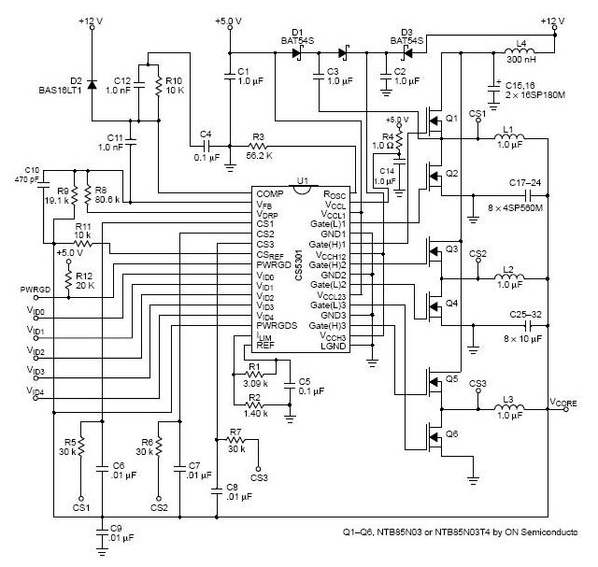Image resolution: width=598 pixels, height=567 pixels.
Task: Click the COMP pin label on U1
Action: [271, 194]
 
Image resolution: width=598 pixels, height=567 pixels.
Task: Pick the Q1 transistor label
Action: [452, 119]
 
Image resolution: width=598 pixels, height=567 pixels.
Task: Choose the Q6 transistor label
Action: [452, 434]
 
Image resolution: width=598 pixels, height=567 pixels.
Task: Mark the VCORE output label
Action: [564, 402]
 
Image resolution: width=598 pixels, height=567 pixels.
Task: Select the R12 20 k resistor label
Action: [85, 280]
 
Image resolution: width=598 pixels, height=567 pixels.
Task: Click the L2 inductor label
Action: [508, 271]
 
